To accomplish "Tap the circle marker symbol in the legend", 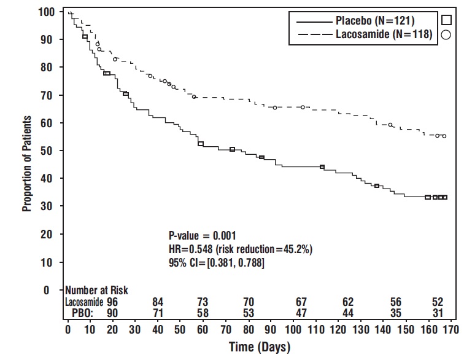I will (446, 36).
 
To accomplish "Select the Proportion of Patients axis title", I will (27, 163).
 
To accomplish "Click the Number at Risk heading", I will (96, 290).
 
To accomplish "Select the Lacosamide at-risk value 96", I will (112, 302).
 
